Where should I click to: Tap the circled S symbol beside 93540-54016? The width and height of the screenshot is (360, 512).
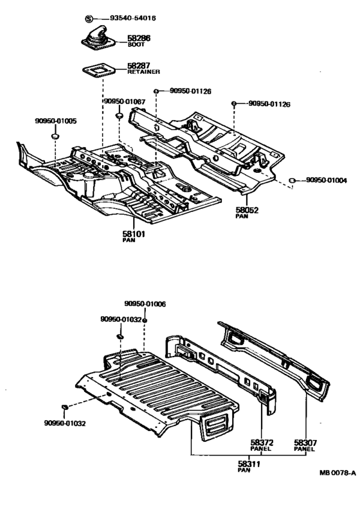coord(90,18)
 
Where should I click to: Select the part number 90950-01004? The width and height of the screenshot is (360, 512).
coord(327,181)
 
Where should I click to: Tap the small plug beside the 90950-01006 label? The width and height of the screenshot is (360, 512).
coord(146,319)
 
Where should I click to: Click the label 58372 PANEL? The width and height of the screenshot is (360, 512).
coord(261,445)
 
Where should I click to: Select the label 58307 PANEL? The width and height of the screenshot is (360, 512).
coord(303,445)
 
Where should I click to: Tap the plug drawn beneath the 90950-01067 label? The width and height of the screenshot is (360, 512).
coord(120,116)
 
